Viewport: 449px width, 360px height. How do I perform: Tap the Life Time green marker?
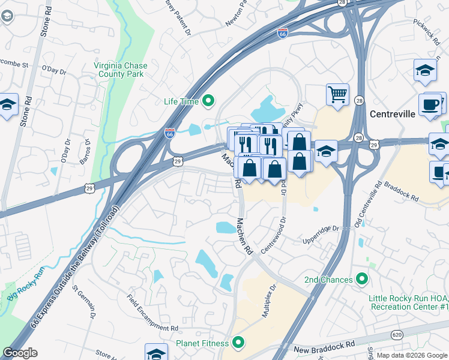208,101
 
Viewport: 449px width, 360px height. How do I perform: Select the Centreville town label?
393,114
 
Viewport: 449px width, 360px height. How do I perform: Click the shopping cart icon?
338,94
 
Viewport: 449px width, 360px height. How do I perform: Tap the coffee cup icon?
430,104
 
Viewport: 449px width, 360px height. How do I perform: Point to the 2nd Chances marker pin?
361,280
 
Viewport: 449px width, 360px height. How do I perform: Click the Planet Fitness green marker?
238,343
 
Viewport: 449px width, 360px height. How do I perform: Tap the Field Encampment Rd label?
152,313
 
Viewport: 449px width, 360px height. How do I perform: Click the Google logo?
20,353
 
